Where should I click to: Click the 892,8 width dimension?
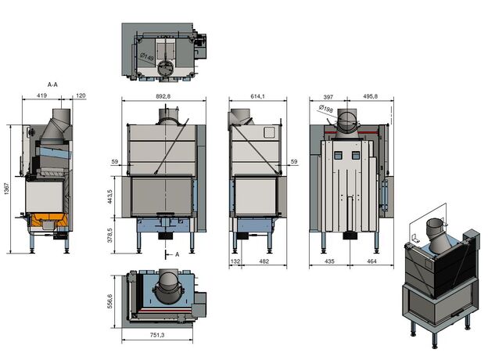[163, 96]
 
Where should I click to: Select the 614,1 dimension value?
[257, 96]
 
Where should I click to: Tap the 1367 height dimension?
[7, 189]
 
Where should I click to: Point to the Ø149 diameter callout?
[146, 57]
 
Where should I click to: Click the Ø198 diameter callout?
[326, 109]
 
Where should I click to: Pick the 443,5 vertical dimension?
[109, 196]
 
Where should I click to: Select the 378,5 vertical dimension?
[109, 235]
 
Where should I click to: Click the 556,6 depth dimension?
[109, 301]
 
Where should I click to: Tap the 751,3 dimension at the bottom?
[157, 335]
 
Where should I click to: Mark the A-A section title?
[52, 85]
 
